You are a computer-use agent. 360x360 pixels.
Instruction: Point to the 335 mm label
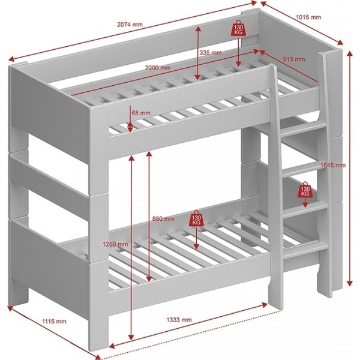(211, 53)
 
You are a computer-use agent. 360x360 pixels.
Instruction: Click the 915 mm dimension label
(294, 59)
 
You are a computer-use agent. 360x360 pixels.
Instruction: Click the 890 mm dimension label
(164, 218)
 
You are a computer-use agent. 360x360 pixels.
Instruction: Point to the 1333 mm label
(179, 320)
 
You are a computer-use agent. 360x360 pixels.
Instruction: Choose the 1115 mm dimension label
(55, 322)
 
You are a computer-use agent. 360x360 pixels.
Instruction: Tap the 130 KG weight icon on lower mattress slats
(196, 218)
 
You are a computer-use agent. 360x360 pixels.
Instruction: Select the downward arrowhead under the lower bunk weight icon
(196, 245)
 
